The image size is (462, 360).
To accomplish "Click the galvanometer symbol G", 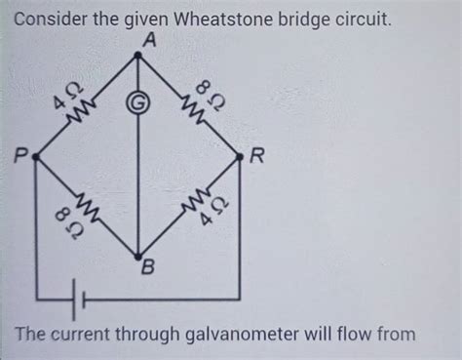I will coord(137,103).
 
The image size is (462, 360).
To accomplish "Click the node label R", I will coord(256,155).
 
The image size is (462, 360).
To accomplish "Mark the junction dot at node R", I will coord(240,155).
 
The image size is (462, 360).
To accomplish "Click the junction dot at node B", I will coord(137,257).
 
